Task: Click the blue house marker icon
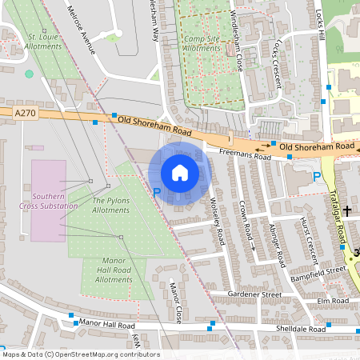[180, 173]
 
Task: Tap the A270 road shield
[26, 114]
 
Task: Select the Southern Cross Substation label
[50, 201]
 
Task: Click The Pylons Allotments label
[110, 205]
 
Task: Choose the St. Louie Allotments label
[43, 42]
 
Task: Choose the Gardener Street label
[254, 294]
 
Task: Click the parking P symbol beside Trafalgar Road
[317, 177]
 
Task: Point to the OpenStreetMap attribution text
[81, 354]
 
